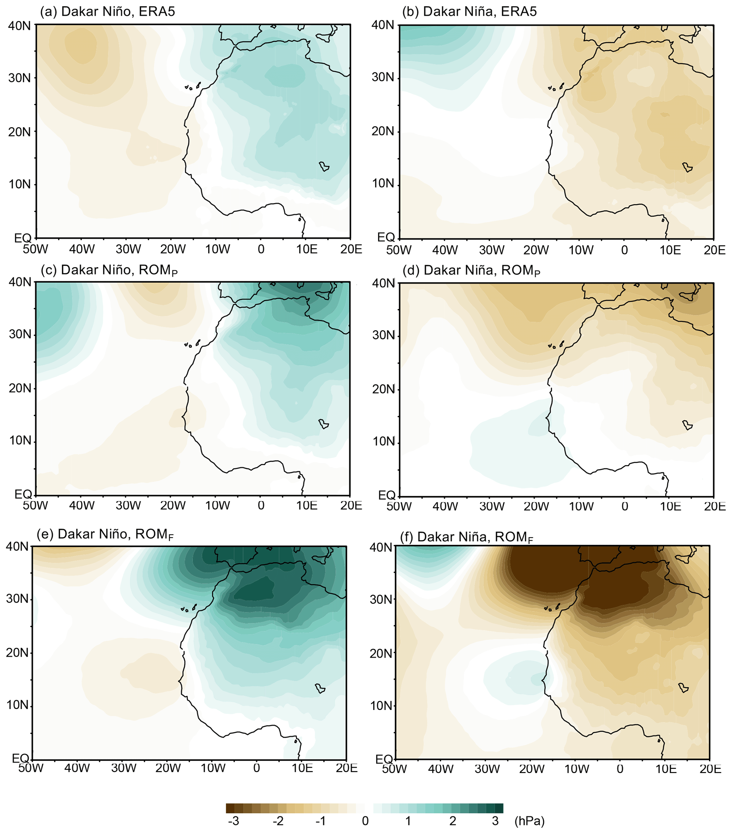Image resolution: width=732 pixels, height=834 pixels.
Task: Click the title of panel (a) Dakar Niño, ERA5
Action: pos(107,11)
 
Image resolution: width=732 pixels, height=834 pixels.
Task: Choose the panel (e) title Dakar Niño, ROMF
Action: pos(105,534)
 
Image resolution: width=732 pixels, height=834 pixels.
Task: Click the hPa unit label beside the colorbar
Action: pos(529,821)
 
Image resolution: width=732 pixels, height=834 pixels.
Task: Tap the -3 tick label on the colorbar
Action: pos(233,821)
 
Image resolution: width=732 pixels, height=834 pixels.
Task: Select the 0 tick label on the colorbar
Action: pos(365,821)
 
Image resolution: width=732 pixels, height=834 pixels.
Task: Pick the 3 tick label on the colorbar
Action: pos(495,821)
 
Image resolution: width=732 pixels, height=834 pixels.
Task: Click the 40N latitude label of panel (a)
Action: pos(19,25)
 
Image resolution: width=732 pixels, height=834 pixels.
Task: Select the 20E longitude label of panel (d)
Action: pos(714,506)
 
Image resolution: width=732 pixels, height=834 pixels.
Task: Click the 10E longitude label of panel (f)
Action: pos(665,769)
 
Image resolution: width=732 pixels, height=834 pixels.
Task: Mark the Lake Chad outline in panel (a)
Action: pos(324,167)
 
